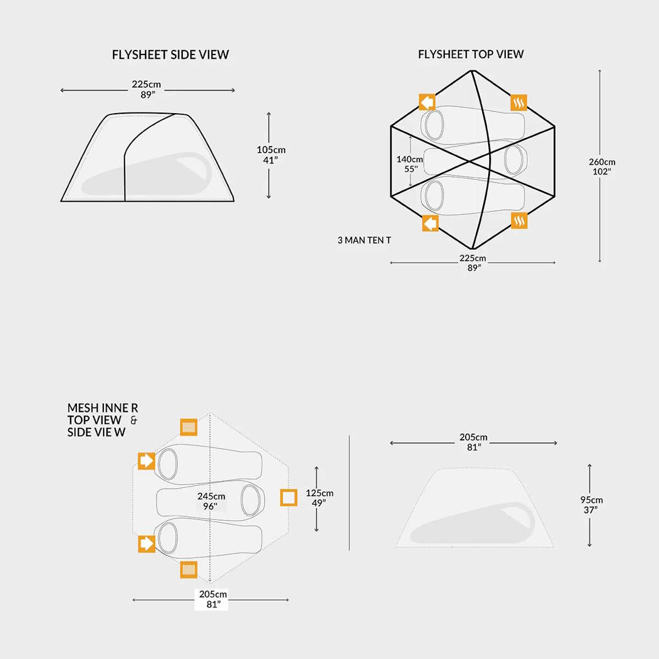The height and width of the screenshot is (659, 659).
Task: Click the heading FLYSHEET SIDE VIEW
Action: (170, 55)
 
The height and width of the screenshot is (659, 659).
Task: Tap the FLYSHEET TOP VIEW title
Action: (471, 54)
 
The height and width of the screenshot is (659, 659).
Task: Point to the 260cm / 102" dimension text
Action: (602, 166)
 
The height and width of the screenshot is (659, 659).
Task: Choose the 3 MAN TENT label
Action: (364, 240)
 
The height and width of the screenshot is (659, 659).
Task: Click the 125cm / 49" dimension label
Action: (320, 498)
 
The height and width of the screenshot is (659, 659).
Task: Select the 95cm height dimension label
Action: (591, 505)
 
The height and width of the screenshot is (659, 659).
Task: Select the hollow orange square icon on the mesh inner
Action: (289, 498)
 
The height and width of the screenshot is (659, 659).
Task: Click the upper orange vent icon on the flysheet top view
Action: (519, 103)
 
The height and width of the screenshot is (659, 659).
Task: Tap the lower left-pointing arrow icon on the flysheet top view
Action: (430, 223)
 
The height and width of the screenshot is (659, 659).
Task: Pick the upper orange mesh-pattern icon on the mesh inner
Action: (189, 427)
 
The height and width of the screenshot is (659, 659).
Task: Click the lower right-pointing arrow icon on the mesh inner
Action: (146, 544)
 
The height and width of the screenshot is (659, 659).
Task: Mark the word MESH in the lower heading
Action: (83, 408)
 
